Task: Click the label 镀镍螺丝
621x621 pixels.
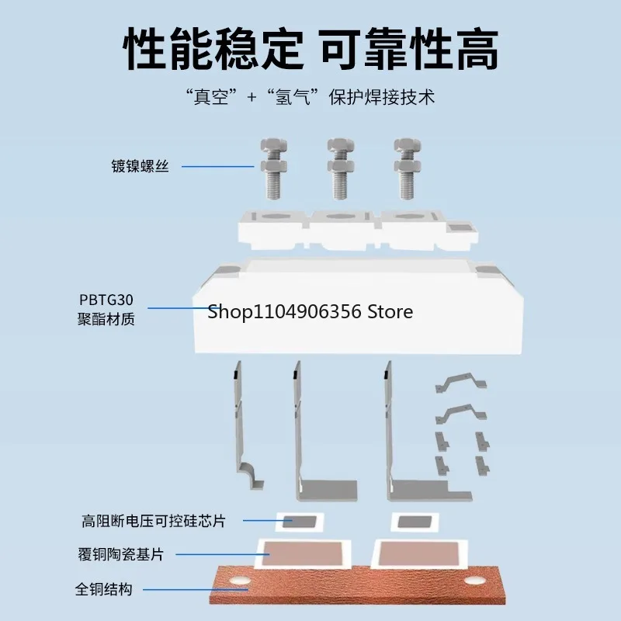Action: click(139, 166)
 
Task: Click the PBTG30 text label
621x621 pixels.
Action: click(106, 300)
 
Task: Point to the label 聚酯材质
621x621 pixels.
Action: click(106, 319)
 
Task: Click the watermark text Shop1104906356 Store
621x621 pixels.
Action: click(310, 312)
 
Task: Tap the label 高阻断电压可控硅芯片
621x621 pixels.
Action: click(154, 521)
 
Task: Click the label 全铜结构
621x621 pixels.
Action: click(104, 589)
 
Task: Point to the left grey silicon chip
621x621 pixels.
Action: click(299, 522)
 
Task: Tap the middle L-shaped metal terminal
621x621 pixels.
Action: click(310, 435)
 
